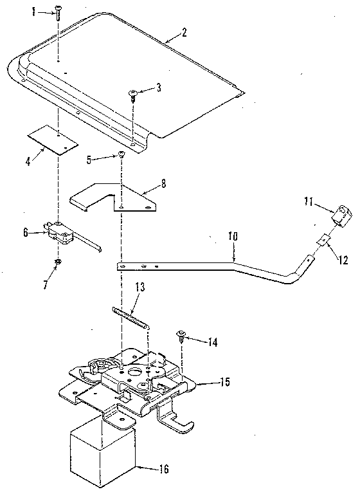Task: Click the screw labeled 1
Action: (x=58, y=10)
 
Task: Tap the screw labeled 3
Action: (x=134, y=95)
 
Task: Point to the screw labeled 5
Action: (x=120, y=156)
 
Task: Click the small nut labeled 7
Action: (x=58, y=261)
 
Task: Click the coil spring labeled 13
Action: (x=131, y=318)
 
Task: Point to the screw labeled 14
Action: (x=182, y=334)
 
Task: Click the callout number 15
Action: (x=222, y=381)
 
